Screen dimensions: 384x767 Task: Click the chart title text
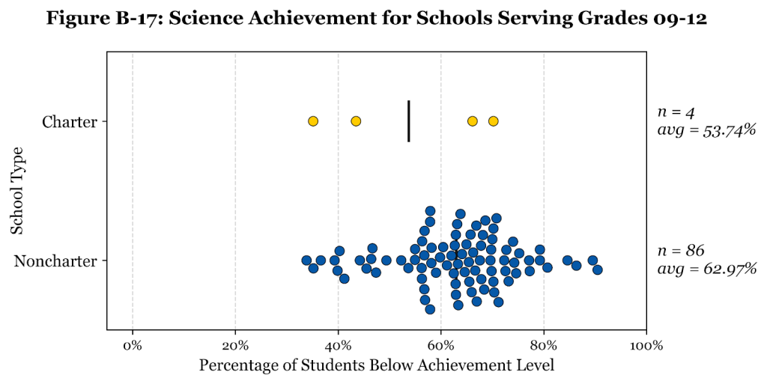pyautogui.click(x=376, y=19)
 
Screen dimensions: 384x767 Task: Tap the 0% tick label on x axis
pyautogui.click(x=133, y=346)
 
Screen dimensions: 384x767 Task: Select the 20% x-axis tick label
pyautogui.click(x=235, y=346)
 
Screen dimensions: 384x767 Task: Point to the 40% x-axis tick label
pyautogui.click(x=338, y=346)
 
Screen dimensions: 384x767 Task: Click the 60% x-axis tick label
pyautogui.click(x=440, y=346)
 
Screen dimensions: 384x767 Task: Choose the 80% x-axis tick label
pyautogui.click(x=543, y=346)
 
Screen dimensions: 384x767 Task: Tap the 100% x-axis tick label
pyautogui.click(x=646, y=346)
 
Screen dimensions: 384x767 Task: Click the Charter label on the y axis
pyautogui.click(x=70, y=121)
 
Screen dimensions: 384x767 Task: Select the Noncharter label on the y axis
pyautogui.click(x=56, y=261)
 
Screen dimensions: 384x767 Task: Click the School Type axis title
pyautogui.click(x=17, y=190)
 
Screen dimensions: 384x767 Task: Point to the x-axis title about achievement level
pyautogui.click(x=377, y=366)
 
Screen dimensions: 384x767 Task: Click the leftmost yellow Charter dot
pyautogui.click(x=313, y=121)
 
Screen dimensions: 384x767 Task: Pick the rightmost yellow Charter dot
pyautogui.click(x=493, y=121)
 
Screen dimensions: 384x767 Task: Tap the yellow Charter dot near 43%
pyautogui.click(x=356, y=121)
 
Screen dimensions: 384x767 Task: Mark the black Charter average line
pyautogui.click(x=408, y=121)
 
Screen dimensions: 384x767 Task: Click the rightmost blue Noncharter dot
pyautogui.click(x=597, y=269)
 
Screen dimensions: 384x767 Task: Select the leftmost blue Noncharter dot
pyautogui.click(x=306, y=260)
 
